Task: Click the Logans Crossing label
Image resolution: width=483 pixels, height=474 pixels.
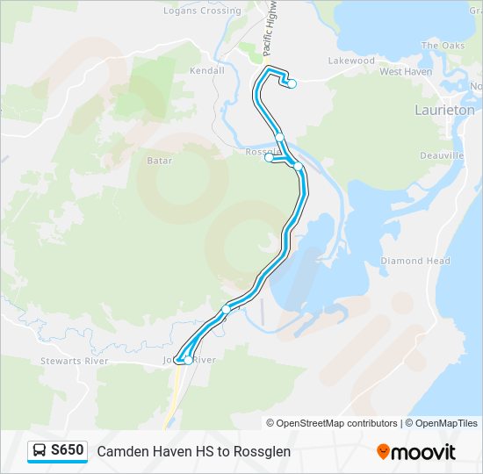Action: click(202, 11)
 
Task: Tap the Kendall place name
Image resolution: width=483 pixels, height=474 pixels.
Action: click(207, 70)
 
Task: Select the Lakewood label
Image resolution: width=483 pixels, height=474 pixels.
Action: click(351, 61)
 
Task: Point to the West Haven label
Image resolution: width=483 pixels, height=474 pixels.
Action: click(406, 71)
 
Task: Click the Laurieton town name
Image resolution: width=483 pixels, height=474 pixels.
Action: click(444, 111)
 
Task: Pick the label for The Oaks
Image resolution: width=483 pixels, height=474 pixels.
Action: click(442, 46)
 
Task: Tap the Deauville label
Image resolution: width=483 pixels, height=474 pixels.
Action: click(442, 155)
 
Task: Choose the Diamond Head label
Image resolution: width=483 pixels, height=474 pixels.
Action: click(415, 261)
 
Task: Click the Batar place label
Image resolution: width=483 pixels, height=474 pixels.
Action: click(159, 161)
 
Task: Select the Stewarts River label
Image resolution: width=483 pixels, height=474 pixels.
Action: click(75, 361)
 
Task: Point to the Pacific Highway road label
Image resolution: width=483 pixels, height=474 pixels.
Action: click(271, 27)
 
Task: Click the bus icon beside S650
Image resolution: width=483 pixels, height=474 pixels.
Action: click(40, 451)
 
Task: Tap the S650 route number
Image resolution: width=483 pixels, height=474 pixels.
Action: click(68, 451)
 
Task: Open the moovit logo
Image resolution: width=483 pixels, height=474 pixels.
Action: click(416, 452)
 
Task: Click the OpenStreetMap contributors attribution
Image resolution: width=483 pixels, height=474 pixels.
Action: click(337, 423)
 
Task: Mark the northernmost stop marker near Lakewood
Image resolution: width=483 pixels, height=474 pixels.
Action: click(292, 84)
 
